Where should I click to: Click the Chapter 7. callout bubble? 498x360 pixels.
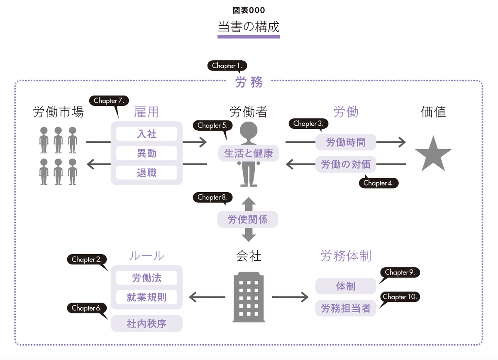coord(109,101)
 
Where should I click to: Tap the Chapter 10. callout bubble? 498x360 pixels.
coord(400,297)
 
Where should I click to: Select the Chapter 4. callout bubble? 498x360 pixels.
coord(378,183)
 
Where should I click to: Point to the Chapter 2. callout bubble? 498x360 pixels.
coord(87,260)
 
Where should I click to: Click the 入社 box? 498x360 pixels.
coord(147,134)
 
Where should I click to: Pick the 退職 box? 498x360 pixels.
coord(147,173)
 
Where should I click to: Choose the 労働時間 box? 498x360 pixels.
coord(346,142)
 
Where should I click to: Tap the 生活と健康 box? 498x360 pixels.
coord(249,153)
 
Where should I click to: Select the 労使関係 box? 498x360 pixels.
coord(248,220)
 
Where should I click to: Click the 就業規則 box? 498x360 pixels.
coord(147,297)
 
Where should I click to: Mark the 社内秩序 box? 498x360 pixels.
coord(147,323)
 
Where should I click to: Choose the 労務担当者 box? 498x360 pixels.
coord(346,308)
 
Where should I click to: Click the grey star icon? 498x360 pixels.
coord(433,154)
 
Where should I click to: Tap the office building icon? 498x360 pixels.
coord(249,297)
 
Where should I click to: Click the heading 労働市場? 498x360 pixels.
coord(59,112)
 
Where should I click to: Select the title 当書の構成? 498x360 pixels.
coord(249,27)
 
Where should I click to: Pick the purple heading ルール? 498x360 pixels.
coord(147,256)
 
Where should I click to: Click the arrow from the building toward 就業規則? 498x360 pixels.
coord(207,297)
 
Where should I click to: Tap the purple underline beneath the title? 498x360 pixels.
coord(249,37)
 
